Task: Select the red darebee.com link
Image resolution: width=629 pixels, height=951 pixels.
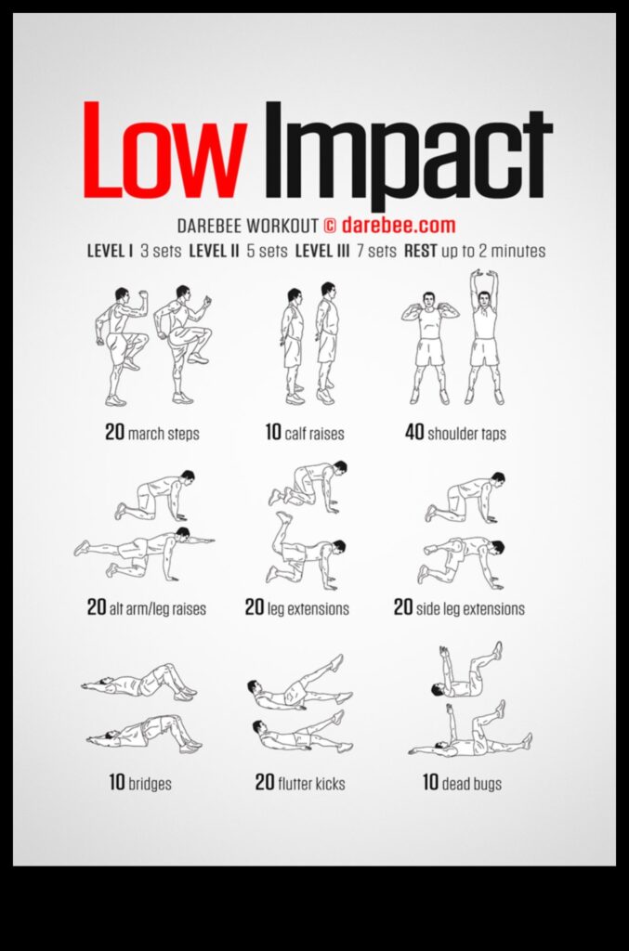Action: point(399,225)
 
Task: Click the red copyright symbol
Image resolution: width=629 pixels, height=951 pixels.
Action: point(330,226)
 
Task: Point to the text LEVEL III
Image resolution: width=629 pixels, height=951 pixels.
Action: point(321,251)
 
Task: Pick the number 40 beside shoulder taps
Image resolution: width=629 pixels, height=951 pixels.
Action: point(414,432)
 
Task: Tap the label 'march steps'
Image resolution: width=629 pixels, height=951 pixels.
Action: point(164,433)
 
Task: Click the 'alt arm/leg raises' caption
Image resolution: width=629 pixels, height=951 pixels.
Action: point(158,609)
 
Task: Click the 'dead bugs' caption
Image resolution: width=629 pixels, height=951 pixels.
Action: point(472,783)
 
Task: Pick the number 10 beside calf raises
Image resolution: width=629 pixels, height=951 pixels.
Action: point(273,432)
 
